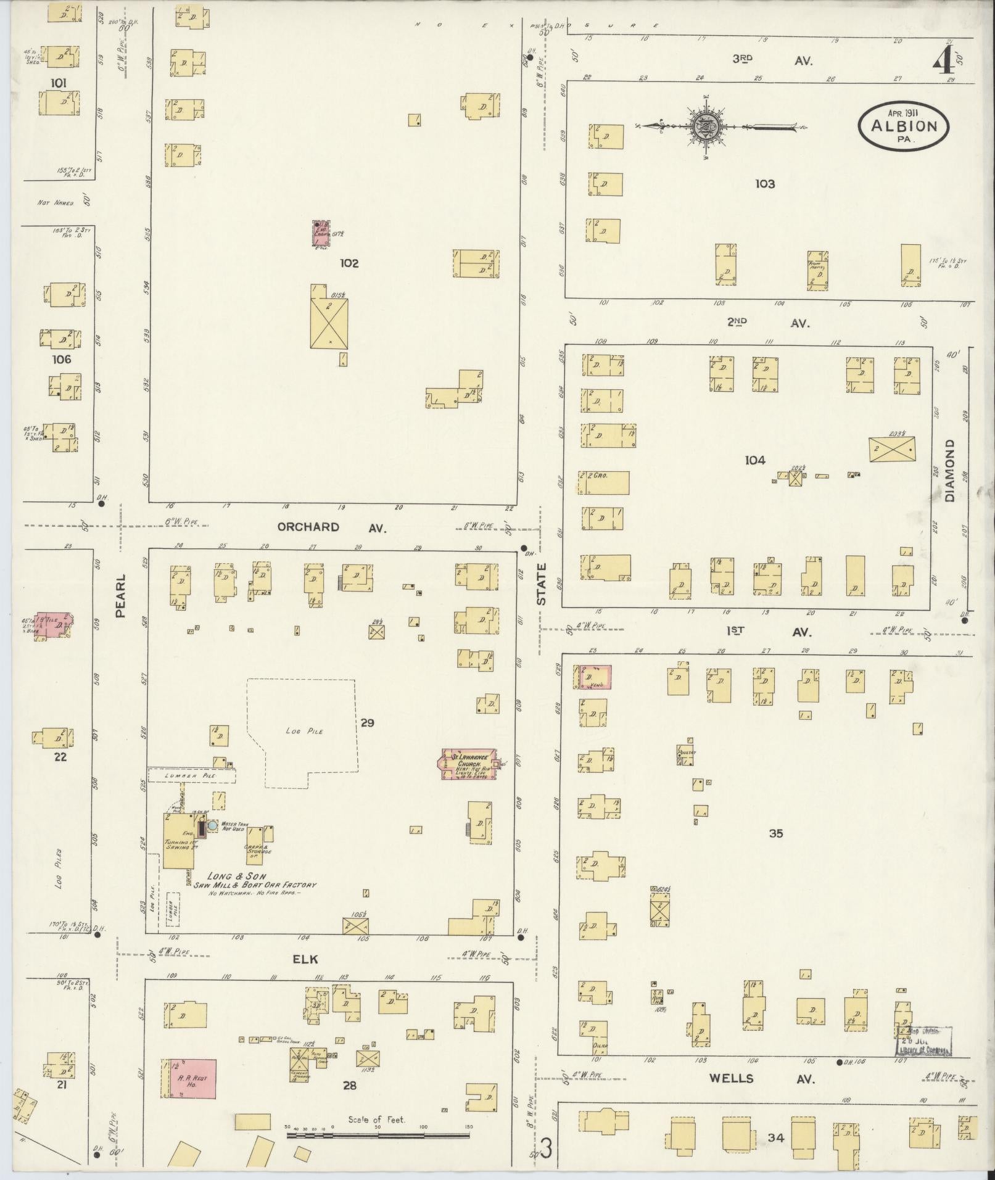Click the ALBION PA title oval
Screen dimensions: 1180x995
point(903,126)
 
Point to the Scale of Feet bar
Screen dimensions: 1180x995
point(377,1134)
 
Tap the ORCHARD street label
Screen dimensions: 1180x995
point(308,527)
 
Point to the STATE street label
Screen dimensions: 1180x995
point(541,584)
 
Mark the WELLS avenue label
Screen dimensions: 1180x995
point(731,1078)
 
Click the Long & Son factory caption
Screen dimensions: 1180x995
point(254,884)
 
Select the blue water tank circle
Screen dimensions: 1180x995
point(212,825)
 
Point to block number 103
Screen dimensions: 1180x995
point(764,184)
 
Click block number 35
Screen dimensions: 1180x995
point(775,833)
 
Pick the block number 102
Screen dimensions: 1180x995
point(349,263)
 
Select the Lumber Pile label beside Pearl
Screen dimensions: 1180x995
point(192,774)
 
